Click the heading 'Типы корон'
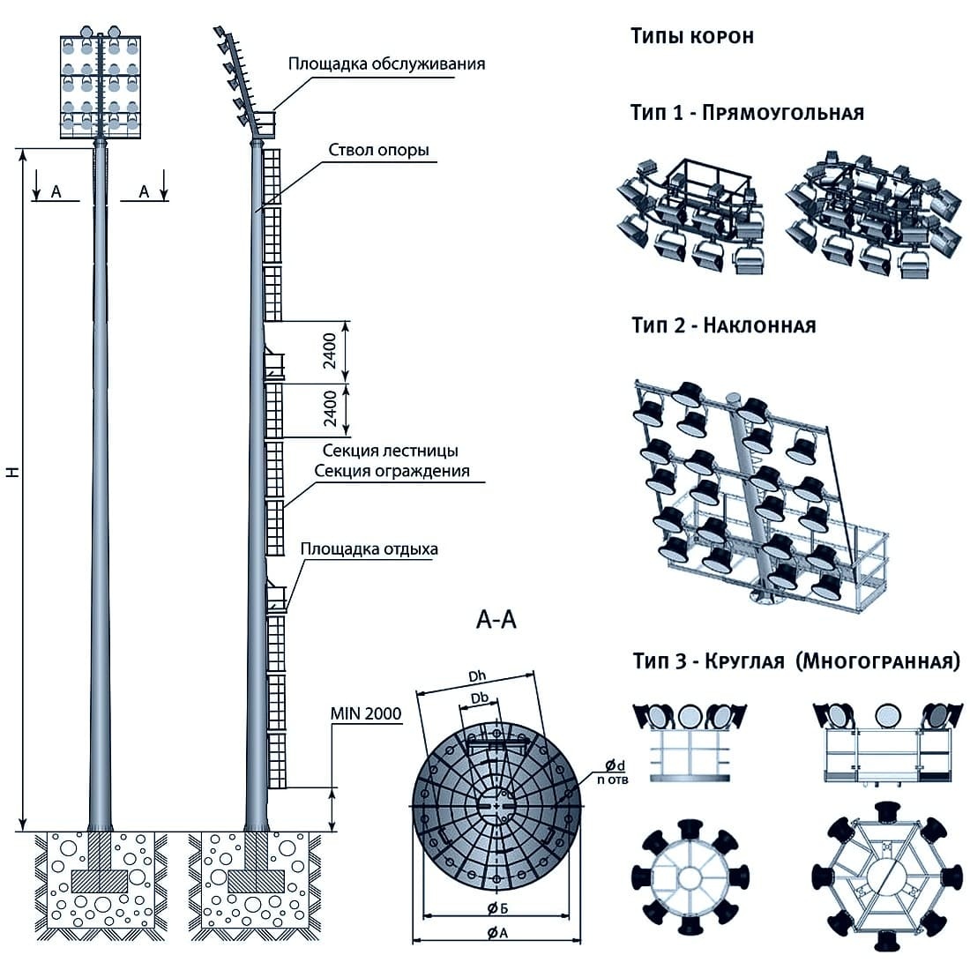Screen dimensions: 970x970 point(692,37)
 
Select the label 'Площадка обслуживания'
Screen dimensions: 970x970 point(386,64)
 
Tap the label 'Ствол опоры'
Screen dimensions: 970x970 point(379,150)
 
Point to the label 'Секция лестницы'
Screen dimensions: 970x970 point(390,452)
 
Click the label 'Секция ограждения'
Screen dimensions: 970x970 point(392,471)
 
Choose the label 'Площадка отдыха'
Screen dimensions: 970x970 point(369,549)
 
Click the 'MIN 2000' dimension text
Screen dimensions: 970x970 point(365,713)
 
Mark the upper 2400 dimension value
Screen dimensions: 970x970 point(329,351)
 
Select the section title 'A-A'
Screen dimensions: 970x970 point(496,621)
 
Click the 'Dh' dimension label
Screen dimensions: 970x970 point(478,677)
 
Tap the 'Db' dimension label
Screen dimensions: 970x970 point(481,699)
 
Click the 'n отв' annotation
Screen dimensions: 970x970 point(612,780)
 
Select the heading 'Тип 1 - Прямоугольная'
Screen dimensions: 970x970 point(747,113)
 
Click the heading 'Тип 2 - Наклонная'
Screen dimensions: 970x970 point(723,325)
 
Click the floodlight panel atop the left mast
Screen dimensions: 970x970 point(100,86)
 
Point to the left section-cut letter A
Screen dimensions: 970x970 point(56,190)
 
